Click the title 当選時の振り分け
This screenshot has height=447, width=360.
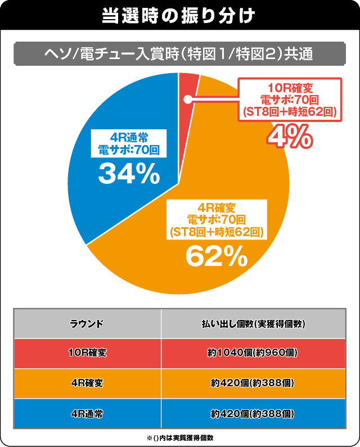(179, 15)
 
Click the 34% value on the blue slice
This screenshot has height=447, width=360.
(129, 174)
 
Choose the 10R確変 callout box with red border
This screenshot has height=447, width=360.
(290, 100)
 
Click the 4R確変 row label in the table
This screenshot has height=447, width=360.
(87, 383)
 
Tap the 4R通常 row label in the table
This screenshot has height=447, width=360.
(87, 414)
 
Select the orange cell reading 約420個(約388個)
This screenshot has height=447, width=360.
(253, 383)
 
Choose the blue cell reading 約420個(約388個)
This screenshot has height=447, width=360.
(253, 414)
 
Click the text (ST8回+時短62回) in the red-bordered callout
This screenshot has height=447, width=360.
(290, 111)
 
